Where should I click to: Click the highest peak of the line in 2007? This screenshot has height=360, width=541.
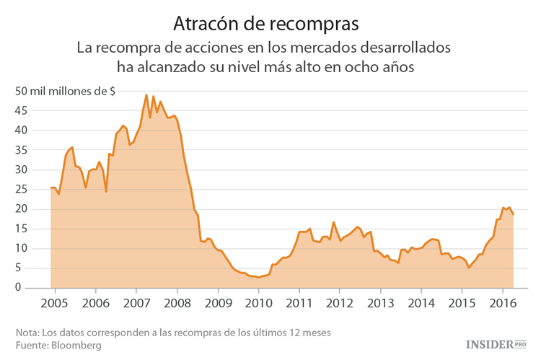pyautogui.click(x=146, y=95)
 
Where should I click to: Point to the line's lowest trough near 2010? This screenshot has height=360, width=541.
pyautogui.click(x=258, y=277)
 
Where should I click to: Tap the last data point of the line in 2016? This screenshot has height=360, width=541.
pyautogui.click(x=513, y=214)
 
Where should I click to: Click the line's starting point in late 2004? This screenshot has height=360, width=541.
pyautogui.click(x=50, y=188)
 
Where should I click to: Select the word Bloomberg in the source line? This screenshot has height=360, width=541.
pyautogui.click(x=75, y=346)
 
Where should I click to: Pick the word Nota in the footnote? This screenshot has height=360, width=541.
pyautogui.click(x=27, y=333)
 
